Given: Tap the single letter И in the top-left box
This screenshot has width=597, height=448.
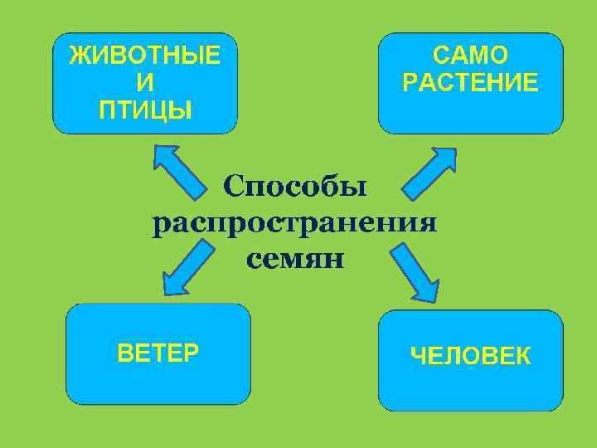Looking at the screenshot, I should [145, 82].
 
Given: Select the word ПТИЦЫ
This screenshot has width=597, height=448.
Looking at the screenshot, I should [145, 109].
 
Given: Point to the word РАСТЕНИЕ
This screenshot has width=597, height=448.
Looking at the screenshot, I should [470, 82].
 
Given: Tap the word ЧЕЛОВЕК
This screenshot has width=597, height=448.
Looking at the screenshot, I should [470, 356].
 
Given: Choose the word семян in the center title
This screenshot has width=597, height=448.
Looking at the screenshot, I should [295, 259].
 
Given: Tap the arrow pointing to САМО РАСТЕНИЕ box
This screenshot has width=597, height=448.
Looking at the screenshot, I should [426, 173].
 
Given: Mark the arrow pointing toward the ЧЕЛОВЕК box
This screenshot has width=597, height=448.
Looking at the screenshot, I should [414, 272].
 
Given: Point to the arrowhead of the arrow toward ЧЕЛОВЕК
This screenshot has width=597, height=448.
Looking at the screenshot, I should [425, 290].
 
